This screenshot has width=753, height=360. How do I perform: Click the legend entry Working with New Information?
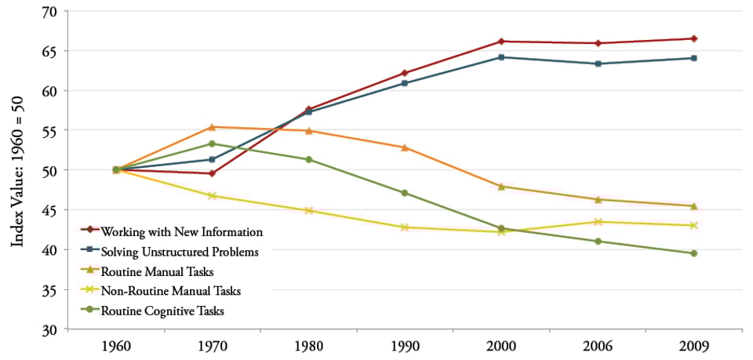[182, 231]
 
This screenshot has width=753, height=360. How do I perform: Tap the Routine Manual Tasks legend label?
[158, 271]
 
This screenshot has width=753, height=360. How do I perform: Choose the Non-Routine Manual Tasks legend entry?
[171, 291]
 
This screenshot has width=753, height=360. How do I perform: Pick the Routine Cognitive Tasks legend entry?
[163, 311]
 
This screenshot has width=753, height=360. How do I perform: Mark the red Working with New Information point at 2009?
[694, 38]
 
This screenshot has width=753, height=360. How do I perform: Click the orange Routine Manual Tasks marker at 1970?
[213, 127]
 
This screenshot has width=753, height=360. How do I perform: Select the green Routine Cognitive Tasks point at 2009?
[694, 253]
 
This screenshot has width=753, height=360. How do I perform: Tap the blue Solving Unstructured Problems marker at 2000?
[501, 57]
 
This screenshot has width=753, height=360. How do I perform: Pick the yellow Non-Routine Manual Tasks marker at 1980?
[309, 211]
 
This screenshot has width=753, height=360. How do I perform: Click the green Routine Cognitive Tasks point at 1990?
[405, 193]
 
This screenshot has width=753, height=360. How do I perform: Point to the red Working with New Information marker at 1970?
[213, 173]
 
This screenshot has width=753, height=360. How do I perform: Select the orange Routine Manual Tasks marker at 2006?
[598, 200]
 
